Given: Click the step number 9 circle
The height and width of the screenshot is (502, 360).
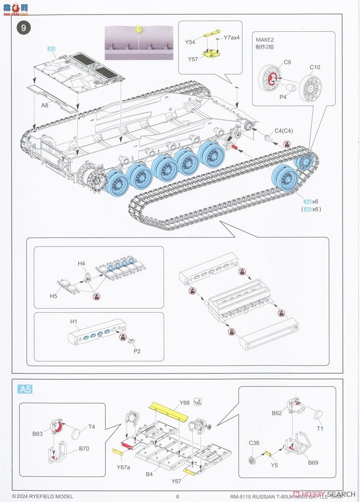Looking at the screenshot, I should (x=24, y=28).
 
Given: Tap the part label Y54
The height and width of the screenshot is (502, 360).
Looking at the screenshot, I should (x=191, y=42).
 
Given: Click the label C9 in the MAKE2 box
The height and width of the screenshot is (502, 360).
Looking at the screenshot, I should (x=287, y=62).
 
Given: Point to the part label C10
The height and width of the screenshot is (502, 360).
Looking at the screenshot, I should (x=314, y=67).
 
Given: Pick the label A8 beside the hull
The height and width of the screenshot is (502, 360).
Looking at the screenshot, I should (x=45, y=105).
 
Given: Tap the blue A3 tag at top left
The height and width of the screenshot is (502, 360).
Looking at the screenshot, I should (x=51, y=49).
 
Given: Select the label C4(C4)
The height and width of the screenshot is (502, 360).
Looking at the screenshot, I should (x=283, y=131).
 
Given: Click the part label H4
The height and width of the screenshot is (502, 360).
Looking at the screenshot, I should (x=82, y=263).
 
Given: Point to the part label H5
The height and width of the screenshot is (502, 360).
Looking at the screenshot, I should (x=54, y=296).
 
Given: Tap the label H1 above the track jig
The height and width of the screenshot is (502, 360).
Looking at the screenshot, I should (x=74, y=321).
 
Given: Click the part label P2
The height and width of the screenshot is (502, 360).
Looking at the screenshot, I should (x=137, y=351).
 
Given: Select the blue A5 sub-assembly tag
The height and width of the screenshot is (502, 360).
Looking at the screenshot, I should (x=25, y=389).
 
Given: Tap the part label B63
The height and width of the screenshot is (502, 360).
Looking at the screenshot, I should (x=38, y=434).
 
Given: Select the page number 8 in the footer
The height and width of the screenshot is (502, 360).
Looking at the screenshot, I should (x=177, y=497).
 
